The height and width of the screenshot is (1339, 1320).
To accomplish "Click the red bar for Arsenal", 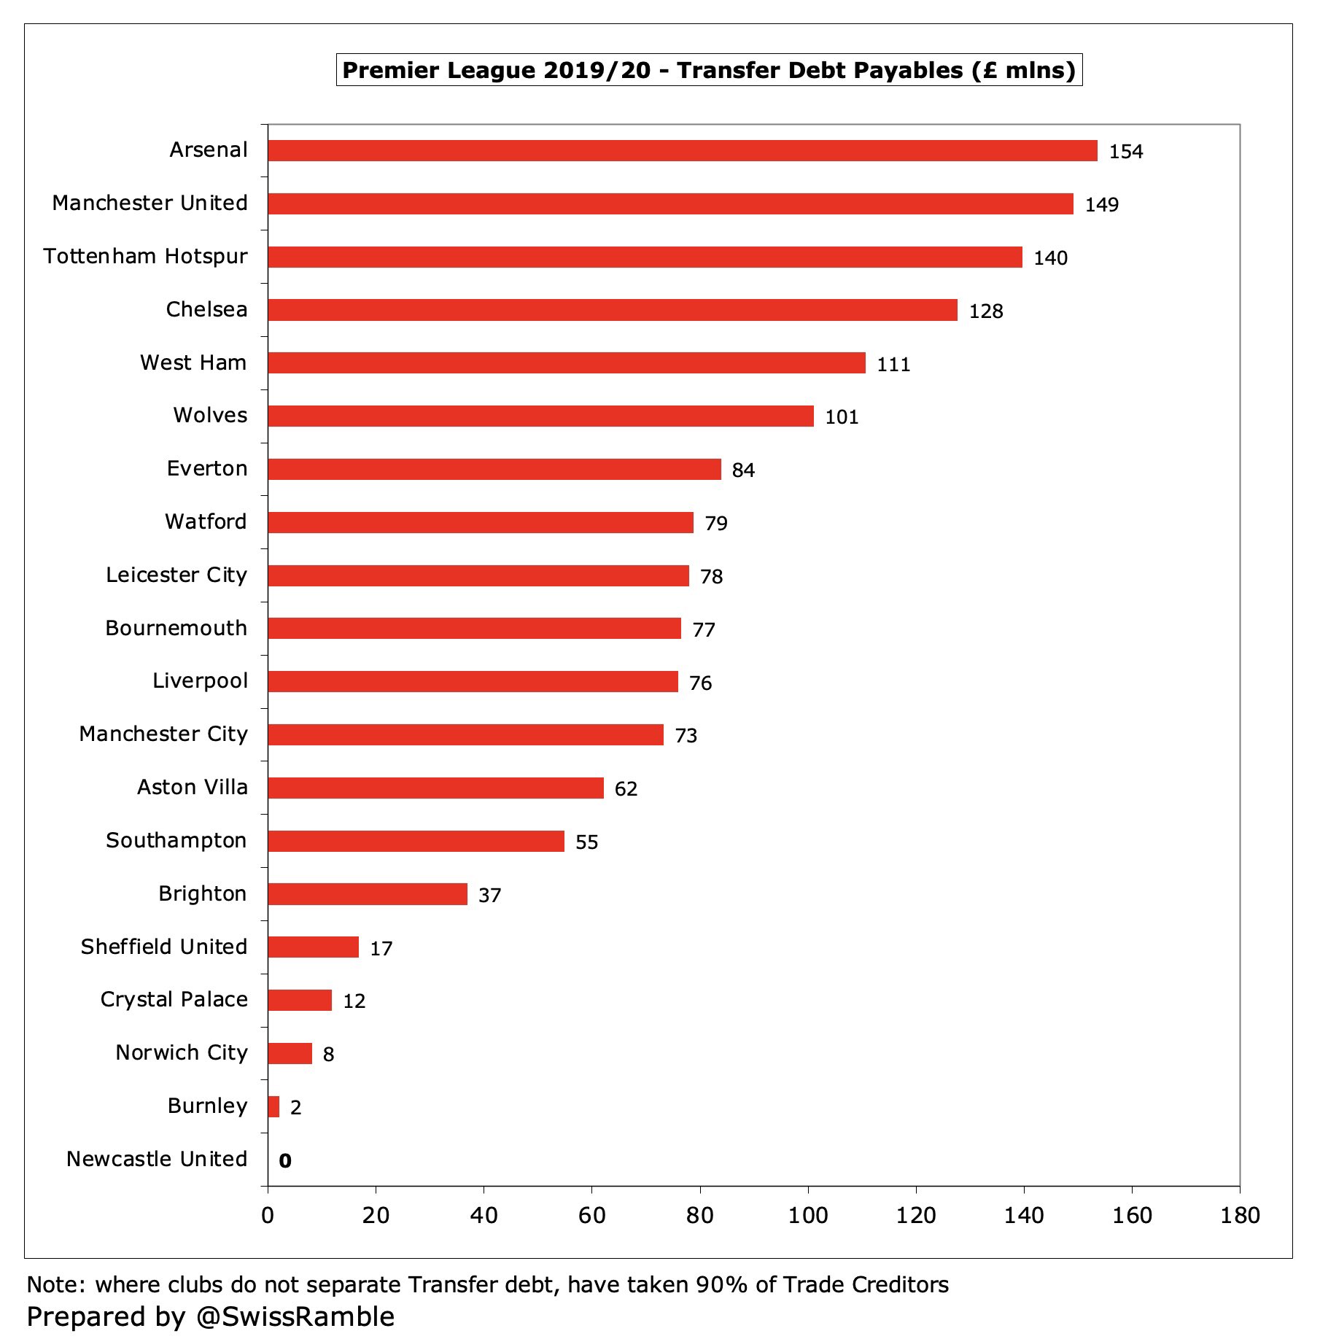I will click(x=682, y=150).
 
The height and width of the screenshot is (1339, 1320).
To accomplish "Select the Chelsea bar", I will click(x=613, y=310).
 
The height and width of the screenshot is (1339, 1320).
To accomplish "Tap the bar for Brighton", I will click(x=368, y=894).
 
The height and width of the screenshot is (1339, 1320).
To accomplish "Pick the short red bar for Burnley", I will click(x=273, y=1106).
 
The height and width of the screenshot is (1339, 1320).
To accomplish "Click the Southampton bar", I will click(x=416, y=841).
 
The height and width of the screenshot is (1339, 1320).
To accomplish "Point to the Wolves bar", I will click(x=540, y=416).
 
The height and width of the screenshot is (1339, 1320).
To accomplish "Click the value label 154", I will click(x=1126, y=152).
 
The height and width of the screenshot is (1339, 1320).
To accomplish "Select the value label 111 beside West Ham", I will click(x=893, y=364).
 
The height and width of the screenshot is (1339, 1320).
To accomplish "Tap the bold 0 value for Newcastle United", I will click(x=285, y=1160).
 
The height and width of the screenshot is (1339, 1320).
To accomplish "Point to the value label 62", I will click(x=626, y=788).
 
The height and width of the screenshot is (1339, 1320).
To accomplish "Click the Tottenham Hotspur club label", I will click(x=145, y=256).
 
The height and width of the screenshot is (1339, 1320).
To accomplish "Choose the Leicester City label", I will click(x=176, y=575).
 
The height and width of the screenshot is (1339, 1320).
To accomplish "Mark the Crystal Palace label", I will click(x=174, y=999).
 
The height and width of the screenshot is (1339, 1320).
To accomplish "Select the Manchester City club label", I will click(x=163, y=734).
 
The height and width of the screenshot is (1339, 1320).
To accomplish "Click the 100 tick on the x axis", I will click(x=808, y=1215).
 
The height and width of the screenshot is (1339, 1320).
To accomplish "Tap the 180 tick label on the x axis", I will click(x=1240, y=1215).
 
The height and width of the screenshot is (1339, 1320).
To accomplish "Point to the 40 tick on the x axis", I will click(x=484, y=1215).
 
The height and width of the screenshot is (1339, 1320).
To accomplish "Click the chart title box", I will click(x=709, y=70).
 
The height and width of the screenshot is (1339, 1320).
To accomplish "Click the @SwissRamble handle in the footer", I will click(x=295, y=1317).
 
